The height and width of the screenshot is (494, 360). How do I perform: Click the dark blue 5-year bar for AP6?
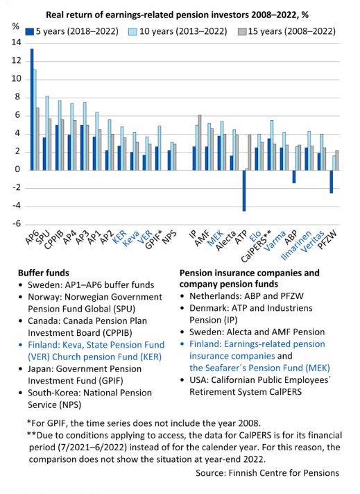coord(32,110)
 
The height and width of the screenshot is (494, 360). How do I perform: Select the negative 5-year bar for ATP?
coord(244,191)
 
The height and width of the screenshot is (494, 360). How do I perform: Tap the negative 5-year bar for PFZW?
coord(332,182)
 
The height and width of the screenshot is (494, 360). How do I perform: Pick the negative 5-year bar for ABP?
coord(294,176)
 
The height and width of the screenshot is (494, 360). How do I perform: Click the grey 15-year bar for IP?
coord(200,143)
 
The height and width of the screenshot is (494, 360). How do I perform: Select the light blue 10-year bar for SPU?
coord(47,133)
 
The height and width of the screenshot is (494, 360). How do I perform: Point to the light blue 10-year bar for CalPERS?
coord(272,145)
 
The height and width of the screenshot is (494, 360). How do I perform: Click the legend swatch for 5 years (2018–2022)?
coord(30,32)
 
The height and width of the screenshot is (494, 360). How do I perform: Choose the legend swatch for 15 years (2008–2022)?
coord(242,32)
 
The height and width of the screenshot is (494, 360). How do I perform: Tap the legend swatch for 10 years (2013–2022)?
coord(132,32)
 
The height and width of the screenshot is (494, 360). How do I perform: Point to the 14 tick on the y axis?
coord(16,42)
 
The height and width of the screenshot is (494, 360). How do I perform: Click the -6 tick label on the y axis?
coord(17,223)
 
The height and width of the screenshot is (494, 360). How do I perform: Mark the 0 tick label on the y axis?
coord(18,169)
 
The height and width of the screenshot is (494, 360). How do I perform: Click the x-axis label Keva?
coord(130,239)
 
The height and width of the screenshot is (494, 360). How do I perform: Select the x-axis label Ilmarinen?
coord(295,246)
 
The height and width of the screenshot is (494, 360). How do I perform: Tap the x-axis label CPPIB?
coord(54,240)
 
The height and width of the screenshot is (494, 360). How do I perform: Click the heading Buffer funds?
coord(44,273)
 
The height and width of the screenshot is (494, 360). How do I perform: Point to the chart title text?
coord(178,15)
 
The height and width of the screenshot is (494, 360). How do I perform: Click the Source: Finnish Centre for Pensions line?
coord(268,473)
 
